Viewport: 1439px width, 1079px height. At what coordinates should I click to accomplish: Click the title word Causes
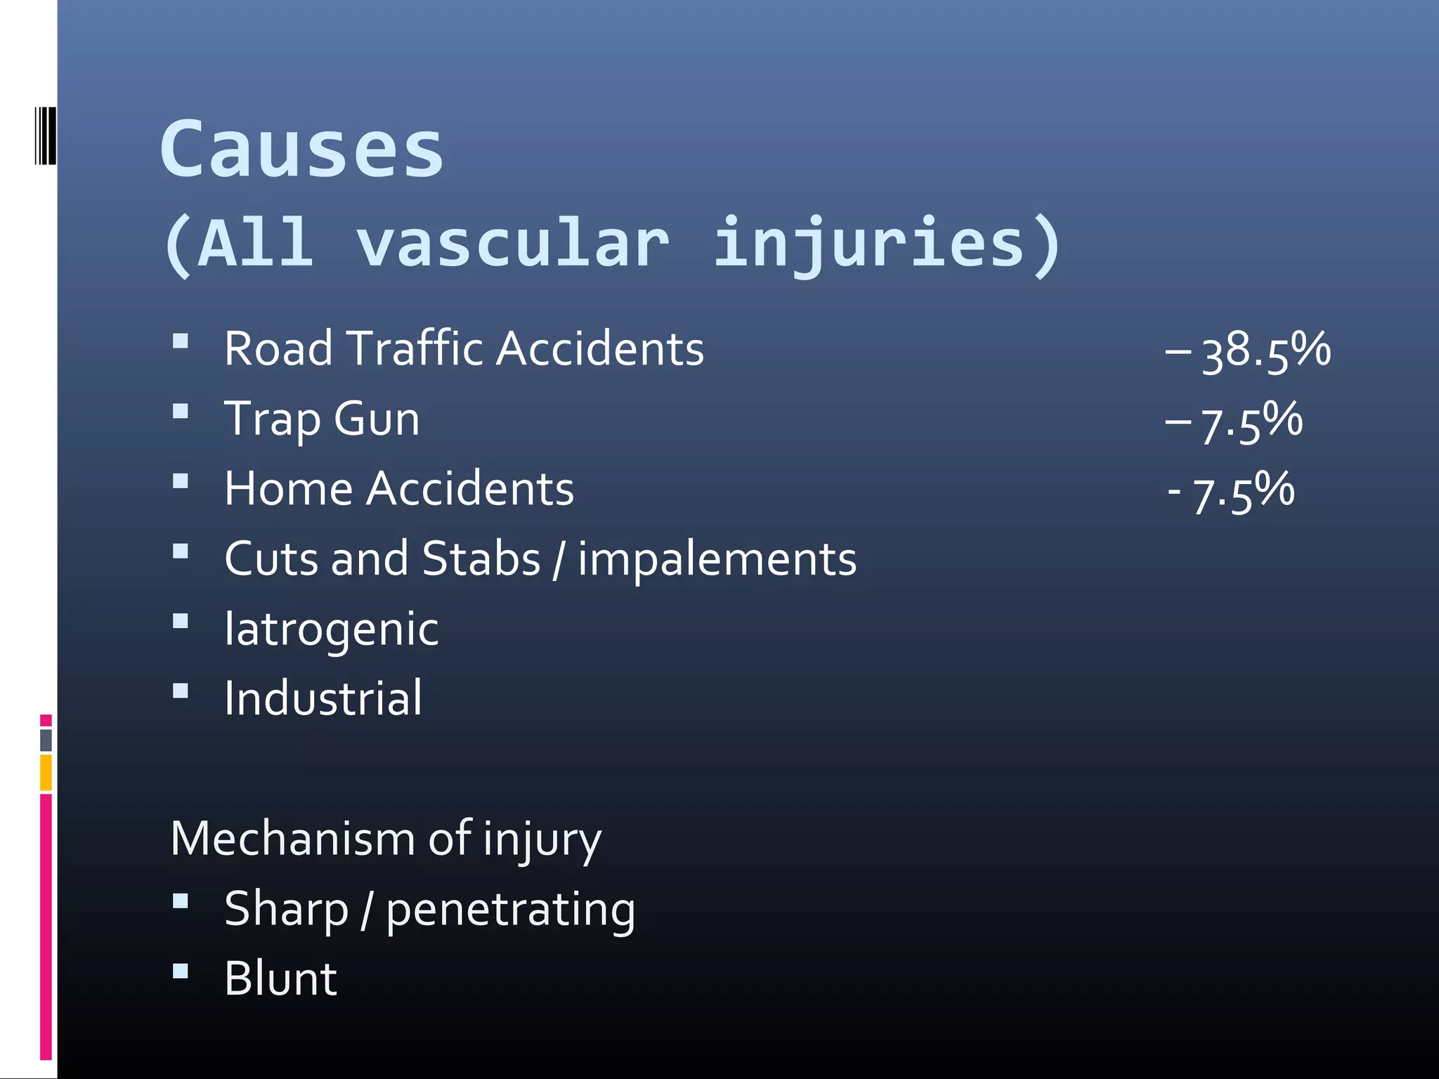[302, 149]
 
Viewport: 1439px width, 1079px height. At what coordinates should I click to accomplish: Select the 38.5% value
[1265, 351]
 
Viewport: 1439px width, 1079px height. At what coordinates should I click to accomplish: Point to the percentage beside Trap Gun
[1251, 421]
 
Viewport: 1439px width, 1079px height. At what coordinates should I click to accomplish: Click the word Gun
[377, 419]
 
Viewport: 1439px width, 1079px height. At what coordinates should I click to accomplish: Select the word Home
[288, 489]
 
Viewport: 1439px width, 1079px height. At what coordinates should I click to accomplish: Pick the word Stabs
[481, 559]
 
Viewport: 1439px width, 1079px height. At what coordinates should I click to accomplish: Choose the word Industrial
[323, 698]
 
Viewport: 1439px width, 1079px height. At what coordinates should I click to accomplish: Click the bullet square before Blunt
[181, 971]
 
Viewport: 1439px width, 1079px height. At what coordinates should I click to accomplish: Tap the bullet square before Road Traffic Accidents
[181, 341]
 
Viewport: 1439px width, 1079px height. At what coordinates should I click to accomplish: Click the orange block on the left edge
[46, 772]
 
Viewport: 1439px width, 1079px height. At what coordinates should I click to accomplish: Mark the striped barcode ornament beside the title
[44, 136]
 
